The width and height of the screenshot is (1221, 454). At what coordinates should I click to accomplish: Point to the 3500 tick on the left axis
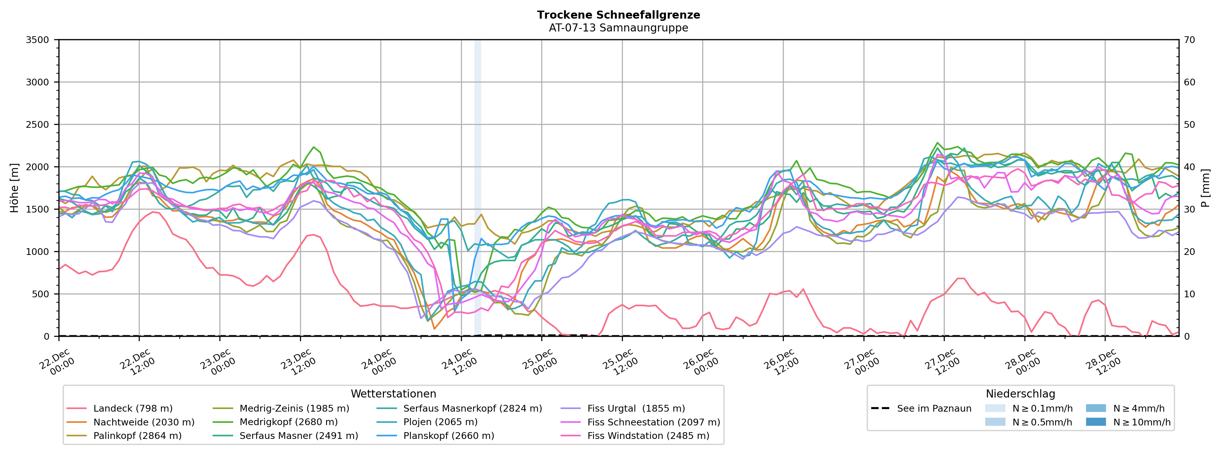click(38, 40)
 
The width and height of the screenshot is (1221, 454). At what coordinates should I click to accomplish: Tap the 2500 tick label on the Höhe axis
click(38, 125)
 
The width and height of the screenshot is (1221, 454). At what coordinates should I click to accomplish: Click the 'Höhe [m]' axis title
click(14, 188)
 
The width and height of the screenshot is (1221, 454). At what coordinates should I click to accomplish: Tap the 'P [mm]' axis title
click(1205, 188)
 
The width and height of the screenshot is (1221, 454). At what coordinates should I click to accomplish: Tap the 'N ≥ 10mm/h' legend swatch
click(1096, 422)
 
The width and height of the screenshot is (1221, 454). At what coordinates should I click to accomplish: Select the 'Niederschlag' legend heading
click(1020, 394)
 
